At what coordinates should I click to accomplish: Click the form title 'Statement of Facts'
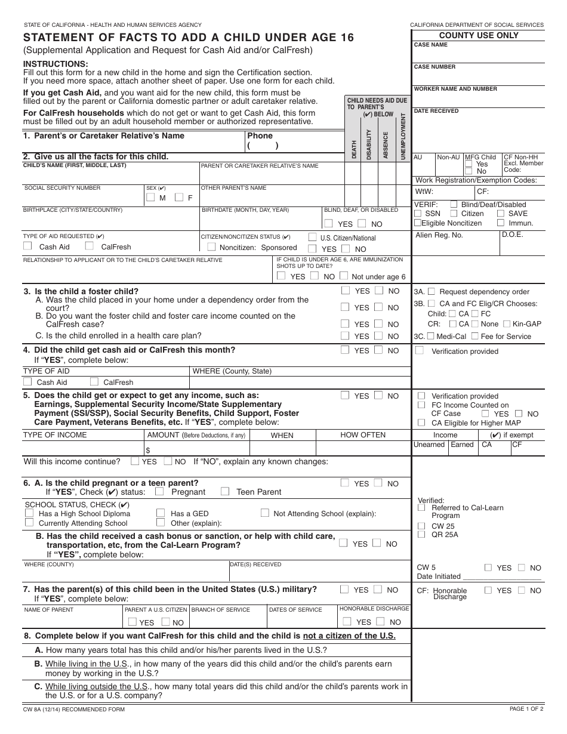188,38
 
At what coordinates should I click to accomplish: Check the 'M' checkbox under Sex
151,198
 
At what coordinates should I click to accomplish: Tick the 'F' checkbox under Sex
179,198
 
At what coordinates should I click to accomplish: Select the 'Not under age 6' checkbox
343,276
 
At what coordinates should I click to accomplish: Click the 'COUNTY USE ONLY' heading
479,35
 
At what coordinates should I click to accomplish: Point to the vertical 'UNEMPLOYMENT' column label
403,136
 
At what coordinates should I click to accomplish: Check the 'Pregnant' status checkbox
159,492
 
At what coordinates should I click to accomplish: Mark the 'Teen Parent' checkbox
224,492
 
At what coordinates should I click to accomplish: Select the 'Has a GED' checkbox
161,513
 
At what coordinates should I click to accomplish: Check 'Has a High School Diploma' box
29,513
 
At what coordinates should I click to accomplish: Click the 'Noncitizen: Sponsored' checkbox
211,247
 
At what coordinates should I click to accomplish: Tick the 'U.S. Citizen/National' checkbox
312,237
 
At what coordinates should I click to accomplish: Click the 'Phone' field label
260,136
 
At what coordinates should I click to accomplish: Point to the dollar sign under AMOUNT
148,450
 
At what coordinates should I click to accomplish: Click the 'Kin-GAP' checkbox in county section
507,323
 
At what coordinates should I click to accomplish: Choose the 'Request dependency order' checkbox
432,291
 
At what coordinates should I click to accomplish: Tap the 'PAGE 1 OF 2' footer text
526,709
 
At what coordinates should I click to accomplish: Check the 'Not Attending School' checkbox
264,513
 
